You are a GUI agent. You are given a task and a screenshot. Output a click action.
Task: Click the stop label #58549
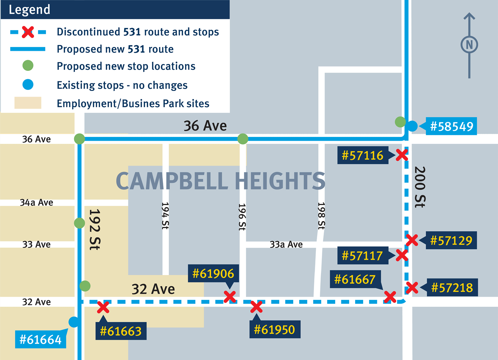(x=451, y=127)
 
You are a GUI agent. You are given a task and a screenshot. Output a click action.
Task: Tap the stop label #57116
(x=362, y=155)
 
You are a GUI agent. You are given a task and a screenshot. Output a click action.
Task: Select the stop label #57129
(x=451, y=240)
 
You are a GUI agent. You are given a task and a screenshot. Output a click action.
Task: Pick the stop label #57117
(x=362, y=256)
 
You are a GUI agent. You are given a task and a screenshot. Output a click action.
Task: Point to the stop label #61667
(x=355, y=279)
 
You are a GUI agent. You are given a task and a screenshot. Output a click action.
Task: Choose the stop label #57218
(x=452, y=287)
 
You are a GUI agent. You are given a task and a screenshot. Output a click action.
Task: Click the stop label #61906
(x=213, y=274)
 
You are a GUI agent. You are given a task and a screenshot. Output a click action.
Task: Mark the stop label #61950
(x=275, y=330)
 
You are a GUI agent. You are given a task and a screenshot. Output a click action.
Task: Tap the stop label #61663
(x=121, y=331)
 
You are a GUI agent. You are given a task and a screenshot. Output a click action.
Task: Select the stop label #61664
(x=40, y=339)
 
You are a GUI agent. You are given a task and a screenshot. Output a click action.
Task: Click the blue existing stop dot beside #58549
(x=412, y=126)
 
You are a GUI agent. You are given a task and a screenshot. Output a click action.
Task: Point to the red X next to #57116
(x=402, y=155)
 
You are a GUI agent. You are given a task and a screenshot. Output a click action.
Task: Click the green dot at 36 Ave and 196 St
(x=243, y=139)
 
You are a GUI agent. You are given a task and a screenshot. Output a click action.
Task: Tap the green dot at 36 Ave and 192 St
(x=80, y=139)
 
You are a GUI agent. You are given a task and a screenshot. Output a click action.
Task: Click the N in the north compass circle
(x=469, y=45)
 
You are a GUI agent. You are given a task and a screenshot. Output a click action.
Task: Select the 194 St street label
(x=165, y=216)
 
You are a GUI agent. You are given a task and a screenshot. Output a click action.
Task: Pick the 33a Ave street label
(x=286, y=244)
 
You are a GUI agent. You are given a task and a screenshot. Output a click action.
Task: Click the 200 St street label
(x=419, y=187)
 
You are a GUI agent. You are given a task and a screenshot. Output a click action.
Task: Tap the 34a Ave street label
(x=36, y=202)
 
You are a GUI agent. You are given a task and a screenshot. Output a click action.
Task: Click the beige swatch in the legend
(x=28, y=103)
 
